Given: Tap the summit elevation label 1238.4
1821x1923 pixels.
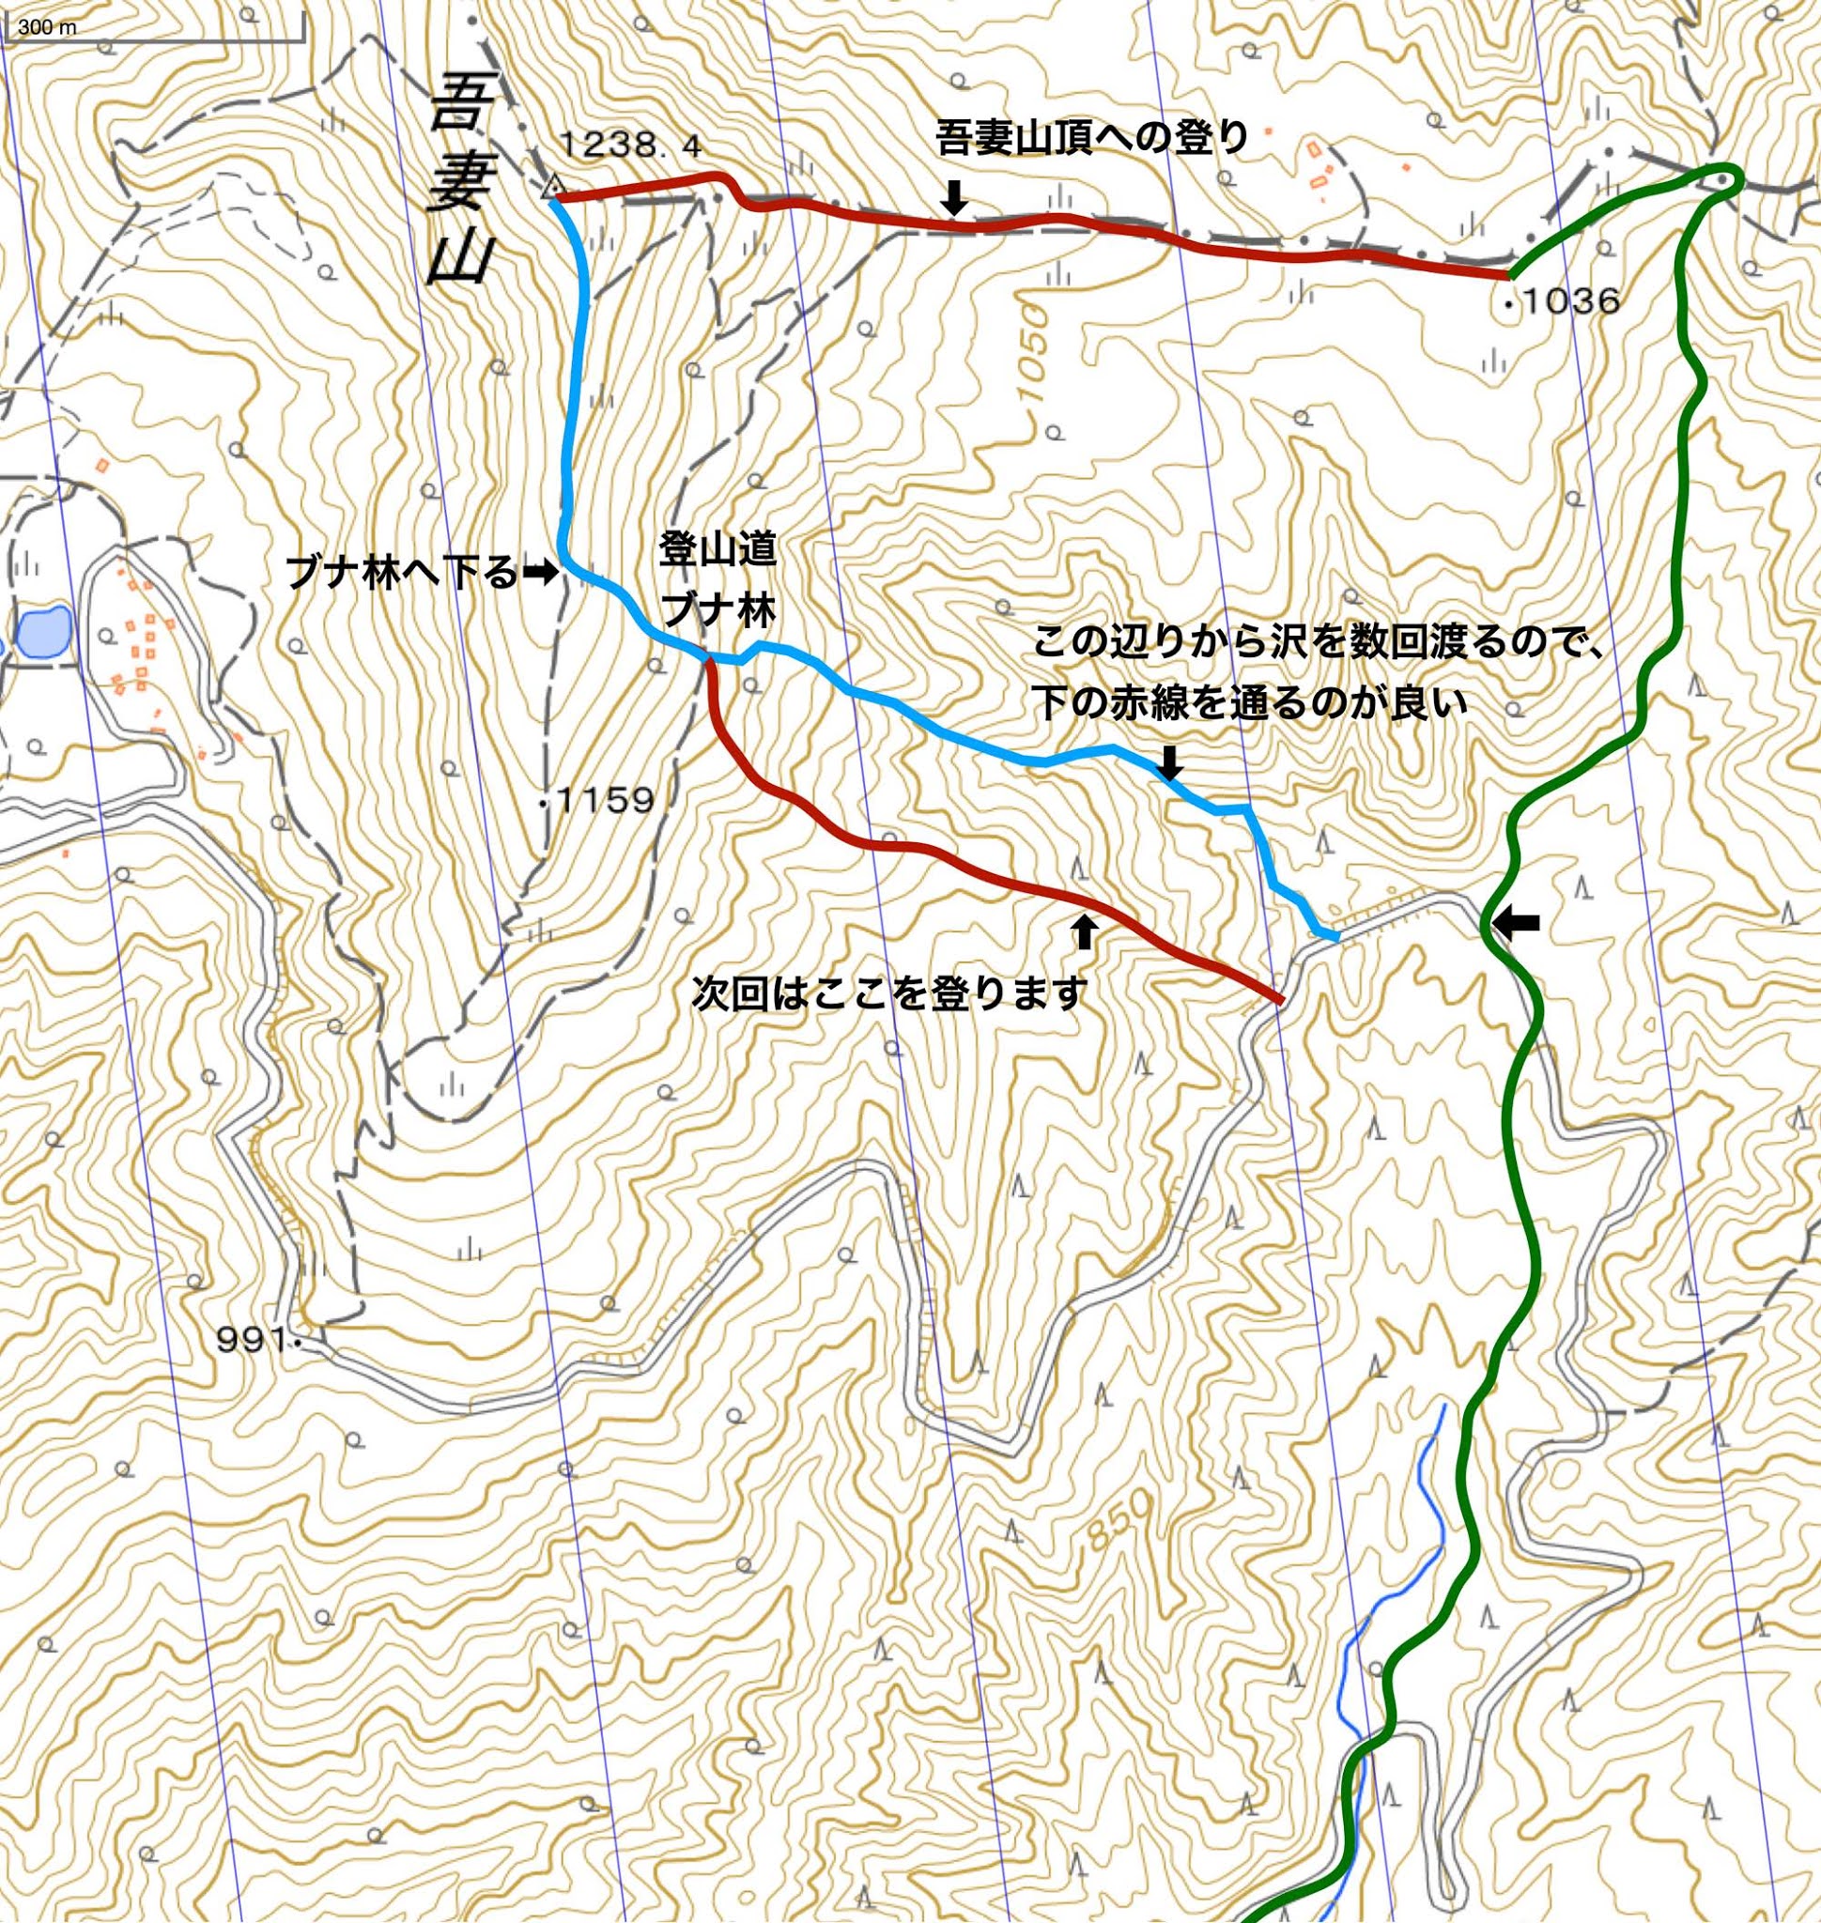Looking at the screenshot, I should (x=630, y=146).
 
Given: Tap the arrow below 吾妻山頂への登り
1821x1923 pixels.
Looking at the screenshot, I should (x=955, y=199).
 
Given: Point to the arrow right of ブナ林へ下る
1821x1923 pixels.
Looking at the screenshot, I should (x=540, y=574).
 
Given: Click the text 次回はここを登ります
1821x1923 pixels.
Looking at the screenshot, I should (x=887, y=994).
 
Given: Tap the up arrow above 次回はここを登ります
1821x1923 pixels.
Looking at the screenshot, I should (x=1086, y=931).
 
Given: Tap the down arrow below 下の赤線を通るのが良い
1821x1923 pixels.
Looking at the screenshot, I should (x=1169, y=762).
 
